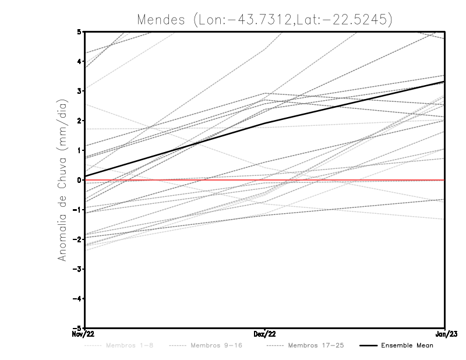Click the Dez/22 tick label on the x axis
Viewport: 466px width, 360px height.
click(x=265, y=334)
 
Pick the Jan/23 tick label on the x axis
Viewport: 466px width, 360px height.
click(x=444, y=334)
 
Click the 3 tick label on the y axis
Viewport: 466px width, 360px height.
click(x=79, y=91)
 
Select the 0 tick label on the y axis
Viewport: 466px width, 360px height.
click(x=79, y=180)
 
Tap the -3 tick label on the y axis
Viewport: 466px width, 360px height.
click(x=78, y=269)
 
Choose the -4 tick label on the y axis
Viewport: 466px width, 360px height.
click(x=78, y=299)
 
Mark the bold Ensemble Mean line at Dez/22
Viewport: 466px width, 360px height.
click(x=265, y=123)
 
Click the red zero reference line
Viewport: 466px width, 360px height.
click(x=349, y=180)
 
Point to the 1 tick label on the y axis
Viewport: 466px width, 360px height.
click(x=79, y=150)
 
